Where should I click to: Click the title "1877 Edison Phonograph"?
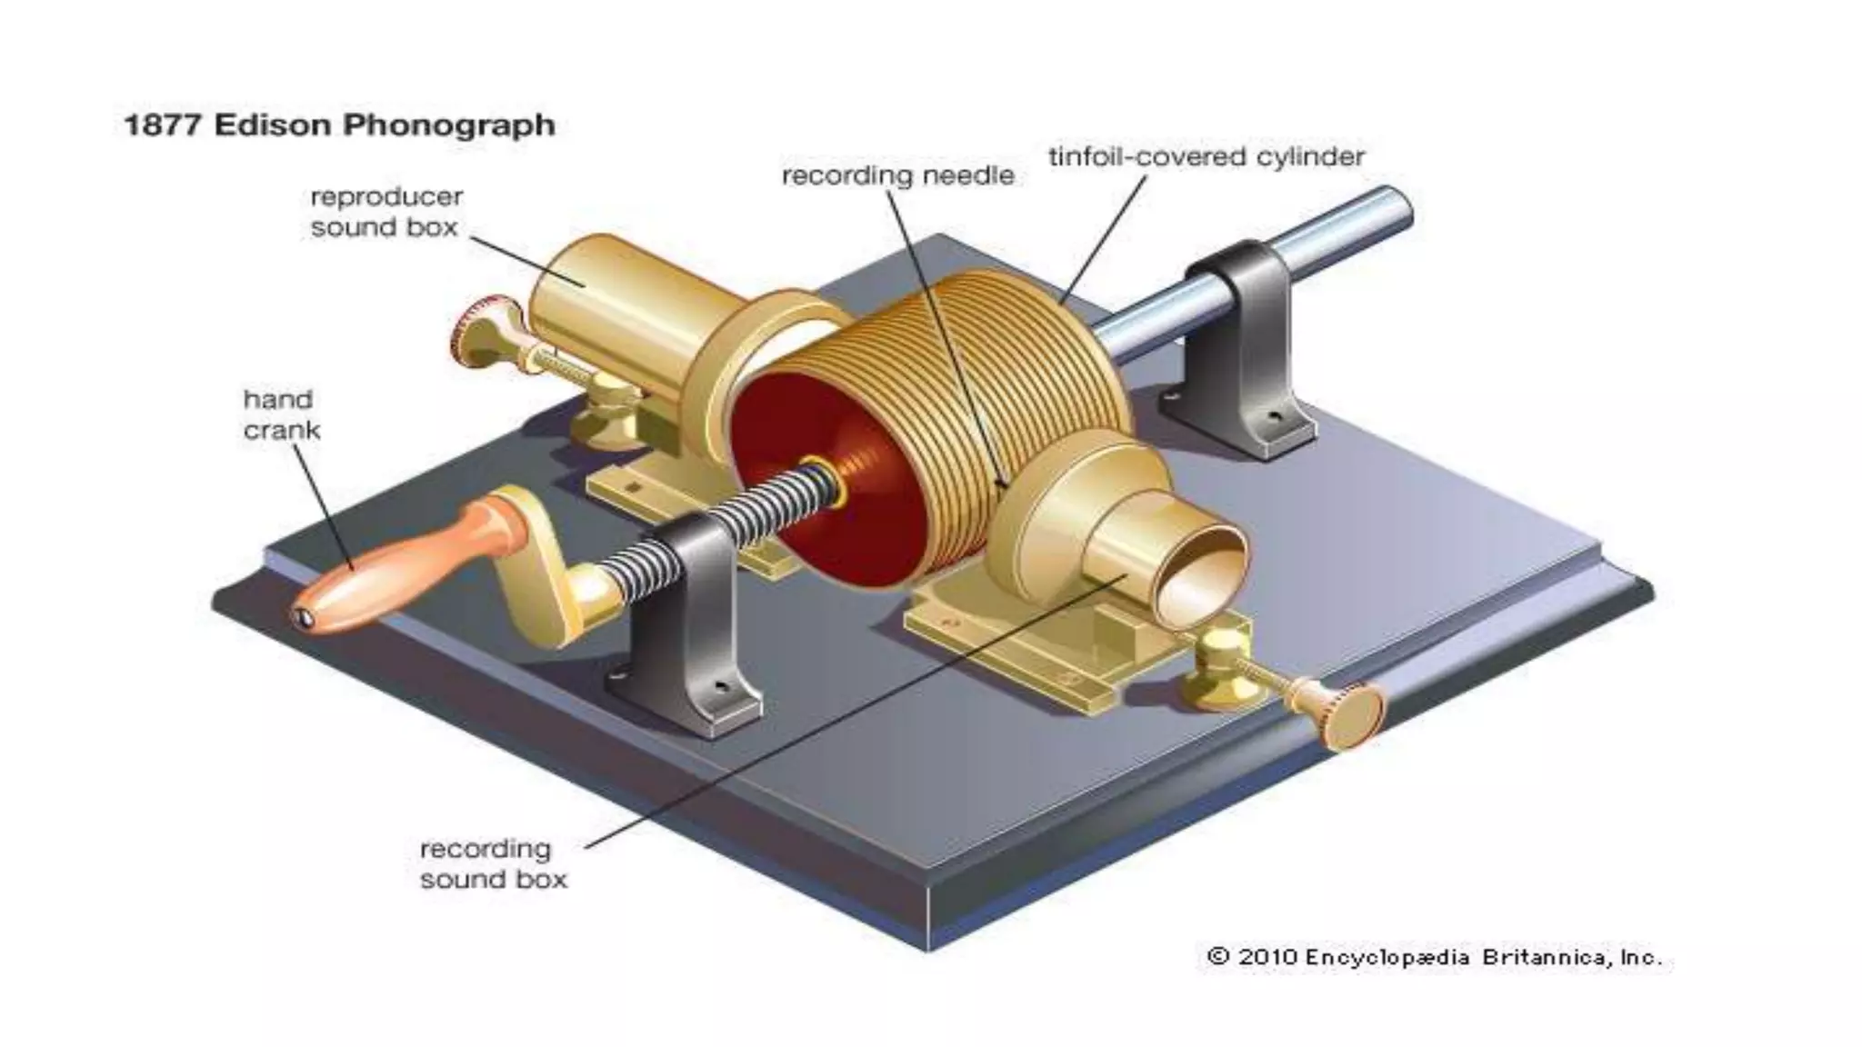pos(339,125)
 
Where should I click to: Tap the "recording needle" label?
pos(897,175)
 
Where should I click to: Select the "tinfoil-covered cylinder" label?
pos(1206,157)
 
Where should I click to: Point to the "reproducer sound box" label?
pos(385,212)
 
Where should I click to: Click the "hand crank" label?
pos(281,414)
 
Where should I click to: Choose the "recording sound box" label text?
pos(493,863)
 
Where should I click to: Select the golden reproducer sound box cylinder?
pos(618,309)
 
